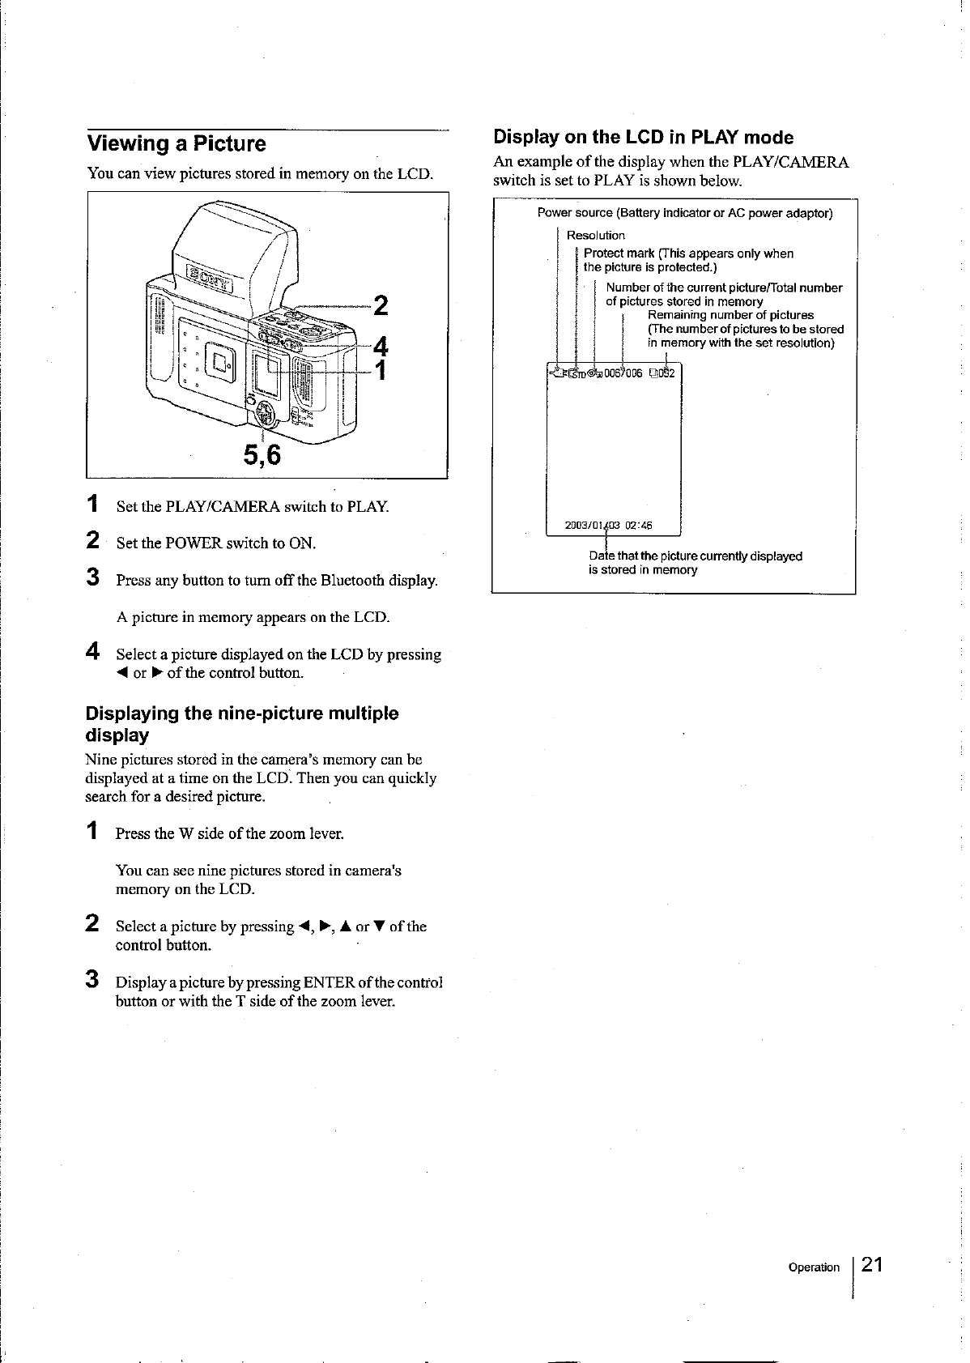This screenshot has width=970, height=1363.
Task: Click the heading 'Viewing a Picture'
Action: coord(177,144)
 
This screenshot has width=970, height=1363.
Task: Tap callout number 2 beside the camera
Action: coord(381,306)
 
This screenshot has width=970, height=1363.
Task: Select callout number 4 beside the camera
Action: coord(381,346)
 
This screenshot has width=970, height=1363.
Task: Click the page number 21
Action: coord(873,1265)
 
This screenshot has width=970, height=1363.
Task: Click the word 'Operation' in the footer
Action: coord(814,1267)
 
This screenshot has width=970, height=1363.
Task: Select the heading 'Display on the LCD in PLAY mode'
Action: coord(643,137)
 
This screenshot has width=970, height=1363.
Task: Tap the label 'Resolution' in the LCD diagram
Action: coord(595,236)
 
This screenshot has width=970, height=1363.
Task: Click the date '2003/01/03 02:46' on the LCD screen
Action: coord(608,524)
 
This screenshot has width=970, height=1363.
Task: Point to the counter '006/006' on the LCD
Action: coord(623,373)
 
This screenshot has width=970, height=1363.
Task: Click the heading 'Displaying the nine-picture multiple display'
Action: coord(241,724)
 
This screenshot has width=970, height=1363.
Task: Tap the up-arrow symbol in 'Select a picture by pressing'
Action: coord(347,926)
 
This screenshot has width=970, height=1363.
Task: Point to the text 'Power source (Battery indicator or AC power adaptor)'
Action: coord(684,214)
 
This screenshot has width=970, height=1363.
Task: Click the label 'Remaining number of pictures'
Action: coord(730,315)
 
